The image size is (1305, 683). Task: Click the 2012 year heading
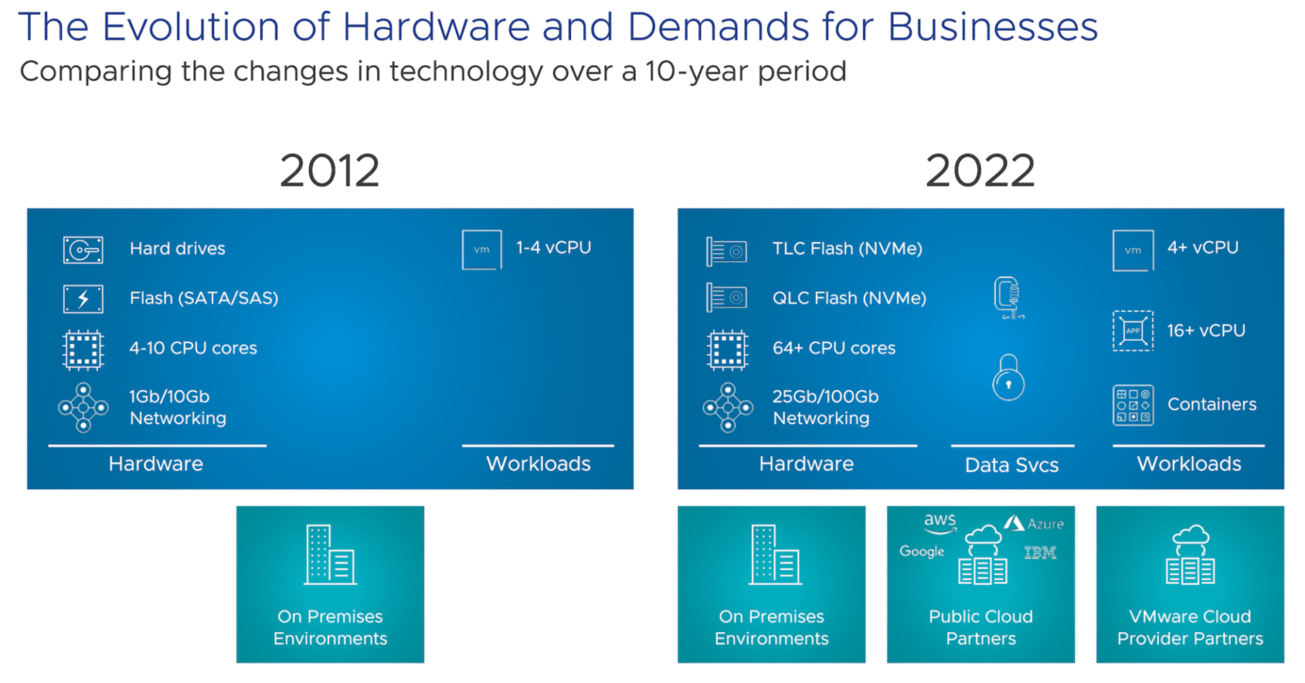click(330, 171)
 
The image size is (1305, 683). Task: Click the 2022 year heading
click(980, 171)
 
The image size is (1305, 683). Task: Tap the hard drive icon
click(83, 250)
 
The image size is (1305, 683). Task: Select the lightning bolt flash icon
click(83, 299)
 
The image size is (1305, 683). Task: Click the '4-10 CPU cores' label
click(193, 348)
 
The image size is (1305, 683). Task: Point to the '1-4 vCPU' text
click(553, 248)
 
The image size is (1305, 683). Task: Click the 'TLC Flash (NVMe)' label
click(848, 249)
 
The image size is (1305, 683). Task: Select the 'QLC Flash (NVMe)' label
click(850, 298)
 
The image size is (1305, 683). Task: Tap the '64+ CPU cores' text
click(833, 348)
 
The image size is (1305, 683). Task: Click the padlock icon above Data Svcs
click(1008, 378)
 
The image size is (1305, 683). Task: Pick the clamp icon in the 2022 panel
click(1008, 298)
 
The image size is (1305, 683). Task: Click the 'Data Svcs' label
click(1012, 465)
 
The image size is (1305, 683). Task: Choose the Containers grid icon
click(1133, 405)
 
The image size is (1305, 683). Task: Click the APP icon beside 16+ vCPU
click(1133, 331)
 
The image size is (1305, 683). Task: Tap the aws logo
click(940, 522)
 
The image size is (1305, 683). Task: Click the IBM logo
click(1041, 552)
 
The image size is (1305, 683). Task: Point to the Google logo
click(922, 551)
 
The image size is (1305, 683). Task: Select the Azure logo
click(1033, 523)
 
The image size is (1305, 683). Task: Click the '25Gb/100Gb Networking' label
click(826, 408)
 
